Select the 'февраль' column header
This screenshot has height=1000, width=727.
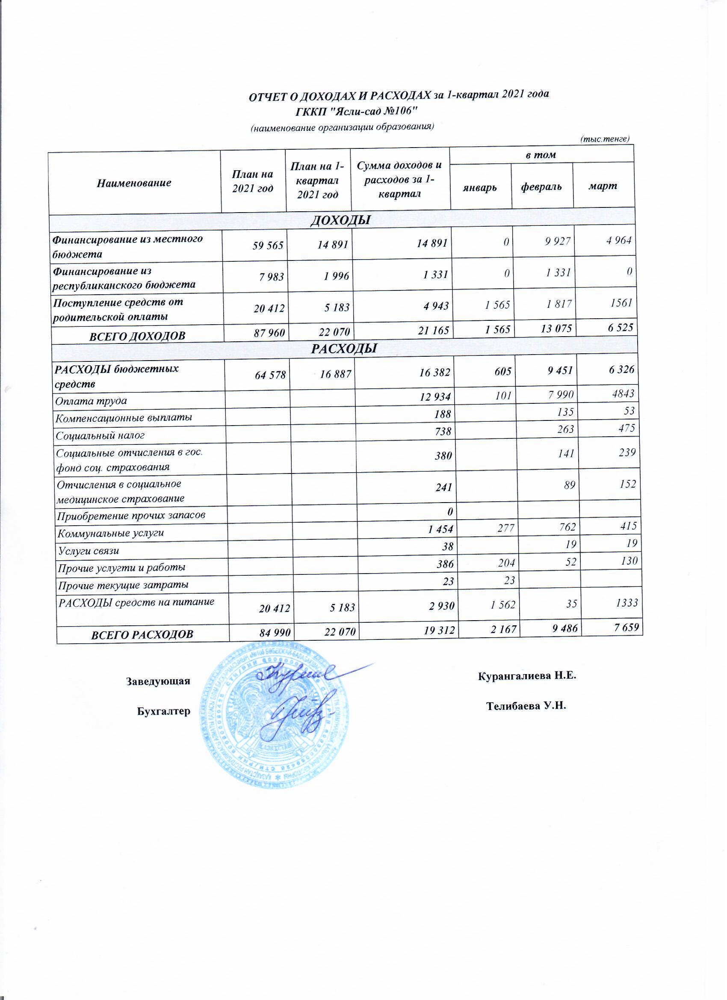541,187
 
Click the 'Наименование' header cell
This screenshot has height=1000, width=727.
134,183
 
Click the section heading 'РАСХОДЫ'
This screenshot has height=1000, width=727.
344,349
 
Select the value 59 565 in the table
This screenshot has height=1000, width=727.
268,245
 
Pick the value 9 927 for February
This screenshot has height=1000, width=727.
558,241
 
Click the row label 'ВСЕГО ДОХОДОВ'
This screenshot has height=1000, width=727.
137,336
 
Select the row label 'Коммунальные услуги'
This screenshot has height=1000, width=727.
111,533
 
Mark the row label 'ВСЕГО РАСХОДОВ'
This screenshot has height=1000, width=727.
142,634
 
